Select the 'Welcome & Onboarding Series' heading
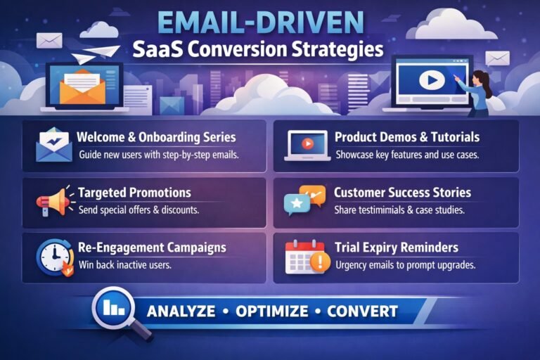(x=156, y=137)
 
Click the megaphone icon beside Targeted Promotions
(x=53, y=201)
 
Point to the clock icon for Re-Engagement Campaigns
(x=53, y=257)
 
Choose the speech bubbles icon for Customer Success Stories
(x=304, y=200)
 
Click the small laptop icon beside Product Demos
(x=307, y=146)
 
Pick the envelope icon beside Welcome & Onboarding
(x=53, y=146)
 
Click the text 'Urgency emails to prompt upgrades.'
(x=406, y=265)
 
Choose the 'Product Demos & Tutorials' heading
(x=407, y=137)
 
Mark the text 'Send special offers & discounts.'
(x=138, y=210)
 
